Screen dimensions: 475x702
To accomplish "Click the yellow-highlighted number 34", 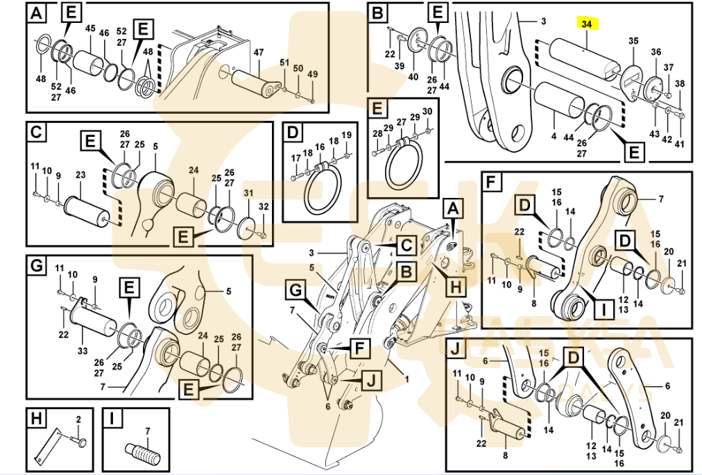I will tap(587, 24).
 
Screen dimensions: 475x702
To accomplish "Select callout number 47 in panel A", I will tap(258, 52).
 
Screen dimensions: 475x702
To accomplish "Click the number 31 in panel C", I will tap(248, 192).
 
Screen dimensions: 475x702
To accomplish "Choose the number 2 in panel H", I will tap(78, 419).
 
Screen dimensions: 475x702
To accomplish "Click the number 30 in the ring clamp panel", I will tap(427, 111).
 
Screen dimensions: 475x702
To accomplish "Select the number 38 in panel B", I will tap(680, 83).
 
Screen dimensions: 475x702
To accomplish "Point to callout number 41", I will tap(680, 144).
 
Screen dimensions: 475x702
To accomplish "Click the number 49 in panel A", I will tap(312, 74).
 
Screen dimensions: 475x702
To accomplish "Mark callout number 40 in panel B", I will tap(413, 76).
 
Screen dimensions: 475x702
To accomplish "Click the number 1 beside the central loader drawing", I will tap(407, 379).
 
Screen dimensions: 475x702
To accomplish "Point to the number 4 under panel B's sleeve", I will tap(554, 137).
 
